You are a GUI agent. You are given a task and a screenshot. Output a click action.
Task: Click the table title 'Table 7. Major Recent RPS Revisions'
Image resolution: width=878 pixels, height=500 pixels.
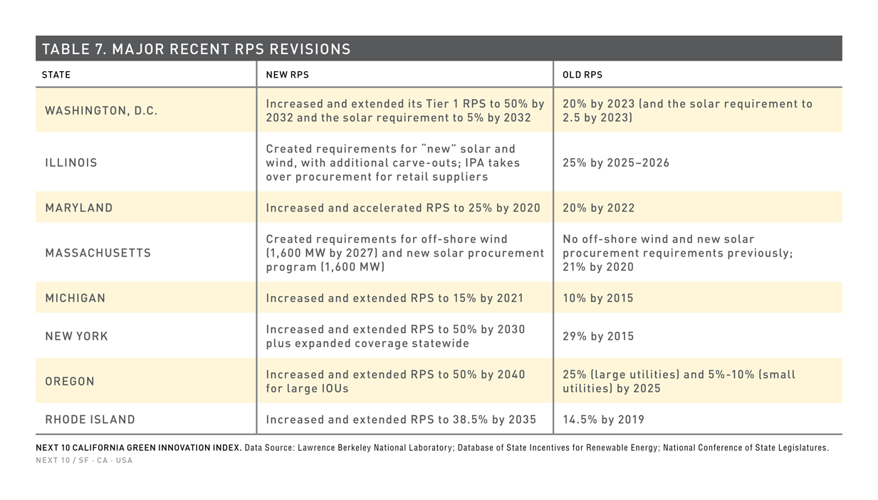pyautogui.click(x=196, y=49)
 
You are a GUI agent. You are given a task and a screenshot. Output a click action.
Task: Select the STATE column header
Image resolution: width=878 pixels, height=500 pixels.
pyautogui.click(x=56, y=75)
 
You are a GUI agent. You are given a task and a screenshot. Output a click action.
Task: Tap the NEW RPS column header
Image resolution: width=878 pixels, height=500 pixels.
pyautogui.click(x=287, y=75)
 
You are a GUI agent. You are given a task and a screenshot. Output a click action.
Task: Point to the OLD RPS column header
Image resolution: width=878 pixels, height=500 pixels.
pyautogui.click(x=582, y=75)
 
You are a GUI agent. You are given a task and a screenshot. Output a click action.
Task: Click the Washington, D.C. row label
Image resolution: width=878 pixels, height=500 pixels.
pyautogui.click(x=101, y=111)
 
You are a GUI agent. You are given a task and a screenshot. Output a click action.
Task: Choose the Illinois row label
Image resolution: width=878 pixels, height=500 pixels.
pyautogui.click(x=71, y=162)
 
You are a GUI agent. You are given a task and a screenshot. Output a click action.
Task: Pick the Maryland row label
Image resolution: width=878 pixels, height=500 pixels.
pyautogui.click(x=79, y=208)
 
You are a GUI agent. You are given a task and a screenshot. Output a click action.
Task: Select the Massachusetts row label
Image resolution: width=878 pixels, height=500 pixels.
pyautogui.click(x=98, y=253)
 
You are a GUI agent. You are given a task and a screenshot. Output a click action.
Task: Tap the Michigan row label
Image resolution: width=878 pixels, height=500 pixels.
pyautogui.click(x=75, y=298)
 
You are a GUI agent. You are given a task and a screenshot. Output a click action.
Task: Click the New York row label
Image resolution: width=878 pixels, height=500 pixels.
pyautogui.click(x=76, y=336)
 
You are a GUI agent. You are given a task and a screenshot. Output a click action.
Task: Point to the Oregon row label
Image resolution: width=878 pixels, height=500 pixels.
pyautogui.click(x=70, y=381)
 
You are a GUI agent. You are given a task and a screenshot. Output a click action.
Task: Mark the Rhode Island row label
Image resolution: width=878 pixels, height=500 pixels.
pyautogui.click(x=90, y=420)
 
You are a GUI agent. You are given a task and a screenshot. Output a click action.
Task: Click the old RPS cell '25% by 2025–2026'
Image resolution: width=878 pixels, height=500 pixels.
pyautogui.click(x=616, y=162)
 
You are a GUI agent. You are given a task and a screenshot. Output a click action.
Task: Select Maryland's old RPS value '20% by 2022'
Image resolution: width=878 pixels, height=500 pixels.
pyautogui.click(x=599, y=208)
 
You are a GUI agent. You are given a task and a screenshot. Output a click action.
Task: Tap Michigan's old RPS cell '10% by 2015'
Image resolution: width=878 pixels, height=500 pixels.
pyautogui.click(x=598, y=298)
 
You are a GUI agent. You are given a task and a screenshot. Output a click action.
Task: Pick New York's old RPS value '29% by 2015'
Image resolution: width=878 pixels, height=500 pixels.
pyautogui.click(x=598, y=336)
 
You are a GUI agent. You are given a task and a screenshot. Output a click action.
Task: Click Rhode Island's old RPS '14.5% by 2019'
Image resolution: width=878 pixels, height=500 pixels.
pyautogui.click(x=604, y=420)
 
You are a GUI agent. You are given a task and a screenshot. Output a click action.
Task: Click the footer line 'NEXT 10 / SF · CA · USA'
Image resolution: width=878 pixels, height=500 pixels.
pyautogui.click(x=84, y=460)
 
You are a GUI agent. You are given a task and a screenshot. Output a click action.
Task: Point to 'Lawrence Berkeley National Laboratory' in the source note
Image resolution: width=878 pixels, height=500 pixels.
pyautogui.click(x=375, y=448)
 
